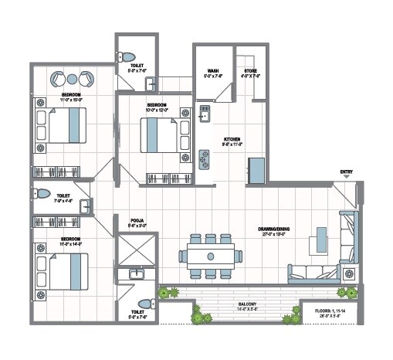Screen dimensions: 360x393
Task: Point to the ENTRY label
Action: (x=346, y=172)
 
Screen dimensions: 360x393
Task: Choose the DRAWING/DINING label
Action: (x=273, y=228)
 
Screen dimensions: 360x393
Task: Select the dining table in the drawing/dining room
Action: (x=210, y=255)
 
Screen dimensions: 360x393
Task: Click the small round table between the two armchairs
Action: (x=71, y=79)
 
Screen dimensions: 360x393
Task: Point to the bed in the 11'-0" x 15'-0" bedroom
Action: (x=66, y=124)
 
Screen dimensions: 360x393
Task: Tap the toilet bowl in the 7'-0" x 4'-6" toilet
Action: (x=42, y=193)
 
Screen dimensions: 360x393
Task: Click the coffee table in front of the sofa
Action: (x=319, y=241)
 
